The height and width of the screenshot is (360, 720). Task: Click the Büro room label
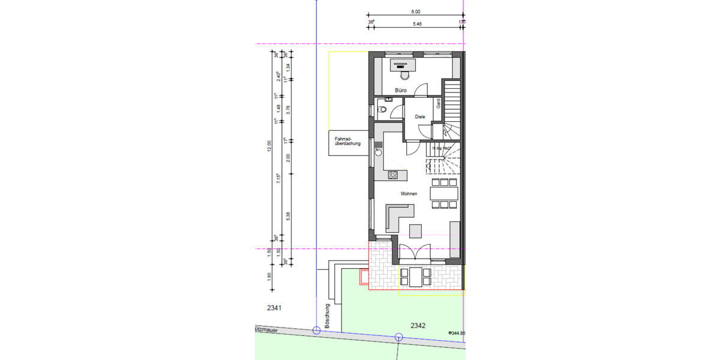[x=401, y=91]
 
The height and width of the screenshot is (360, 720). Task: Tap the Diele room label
[x=420, y=117]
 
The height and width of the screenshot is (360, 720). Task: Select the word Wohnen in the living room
[x=410, y=194]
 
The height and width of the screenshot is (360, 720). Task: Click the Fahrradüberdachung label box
[x=348, y=143]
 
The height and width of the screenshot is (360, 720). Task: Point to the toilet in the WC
[x=382, y=110]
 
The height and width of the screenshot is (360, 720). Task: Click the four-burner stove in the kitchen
[x=393, y=175]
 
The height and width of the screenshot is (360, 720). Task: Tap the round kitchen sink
[x=379, y=152]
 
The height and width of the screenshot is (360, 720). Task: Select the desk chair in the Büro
[x=402, y=75]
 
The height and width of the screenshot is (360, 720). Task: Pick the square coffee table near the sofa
[x=415, y=230]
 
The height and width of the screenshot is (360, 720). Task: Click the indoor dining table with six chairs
[x=444, y=193]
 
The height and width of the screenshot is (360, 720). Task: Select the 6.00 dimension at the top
[x=416, y=11]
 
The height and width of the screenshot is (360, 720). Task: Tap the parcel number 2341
[x=274, y=308]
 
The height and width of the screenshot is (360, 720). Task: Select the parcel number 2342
[x=418, y=326]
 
